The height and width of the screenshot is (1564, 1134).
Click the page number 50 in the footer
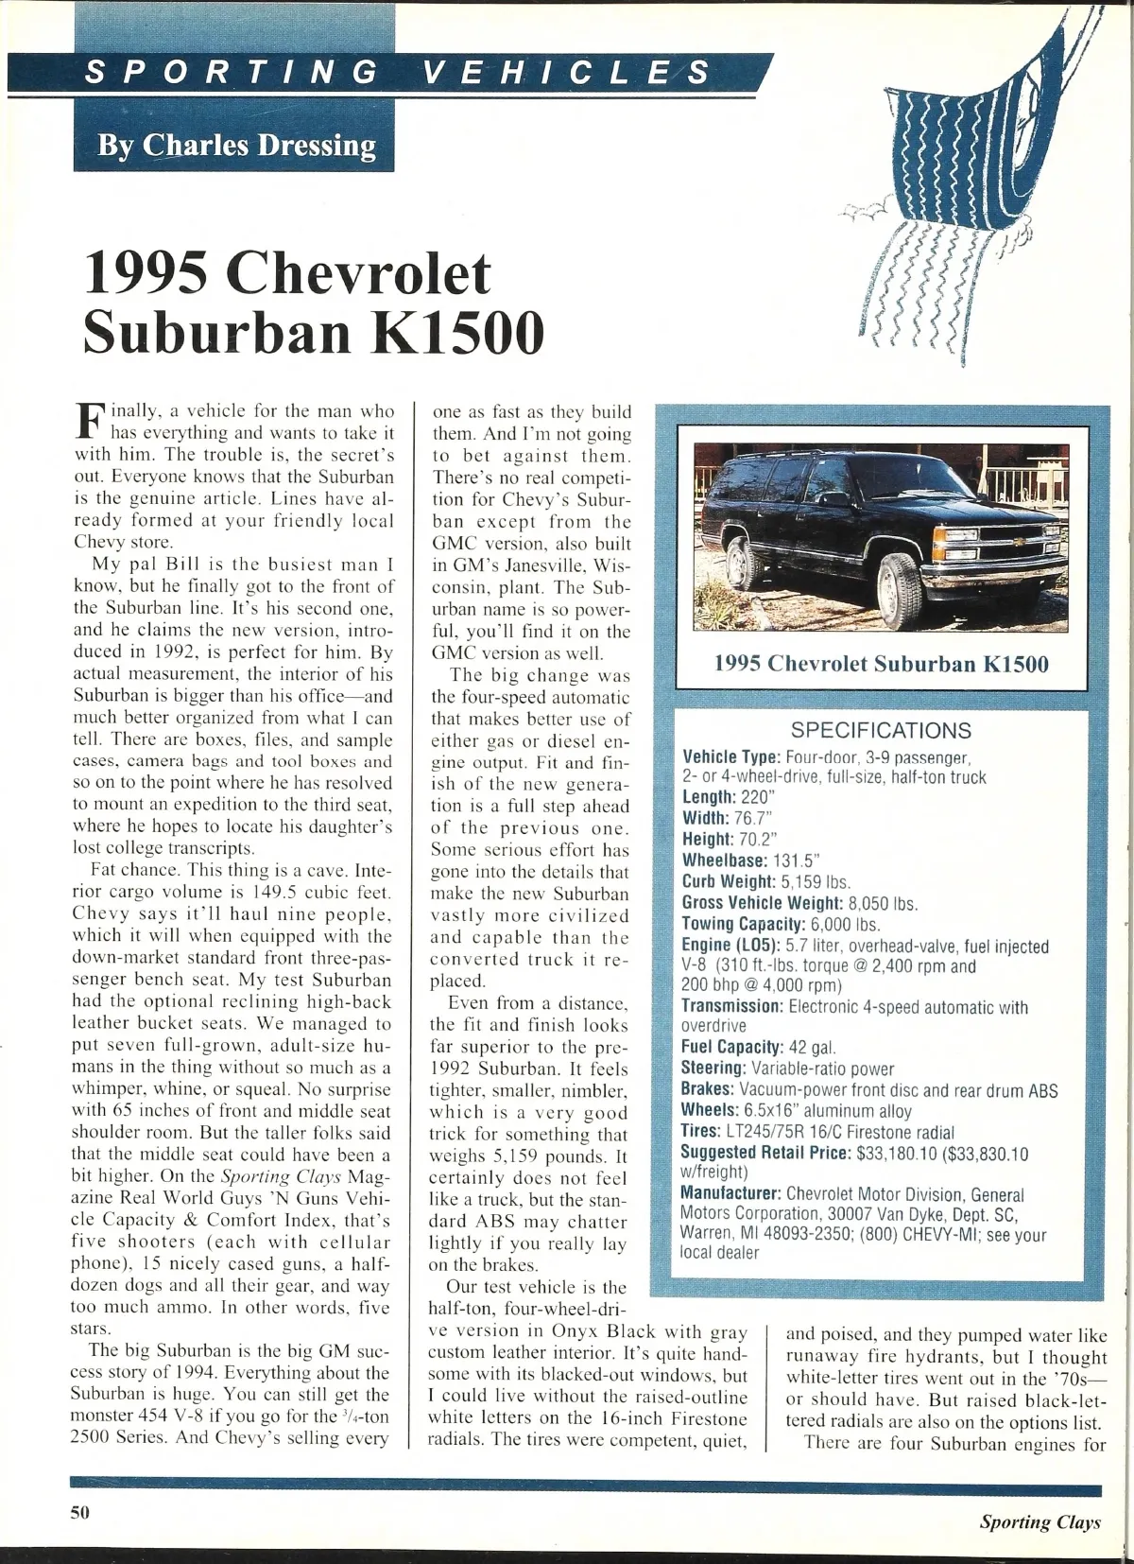pos(79,1511)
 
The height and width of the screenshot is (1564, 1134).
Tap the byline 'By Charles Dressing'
pos(236,145)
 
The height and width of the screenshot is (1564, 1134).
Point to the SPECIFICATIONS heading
pos(881,730)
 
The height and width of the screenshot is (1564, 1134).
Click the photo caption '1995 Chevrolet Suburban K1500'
pos(881,663)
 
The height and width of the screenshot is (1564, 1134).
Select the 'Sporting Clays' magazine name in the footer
pos(1040,1521)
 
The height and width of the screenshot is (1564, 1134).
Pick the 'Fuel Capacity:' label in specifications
pos(732,1047)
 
